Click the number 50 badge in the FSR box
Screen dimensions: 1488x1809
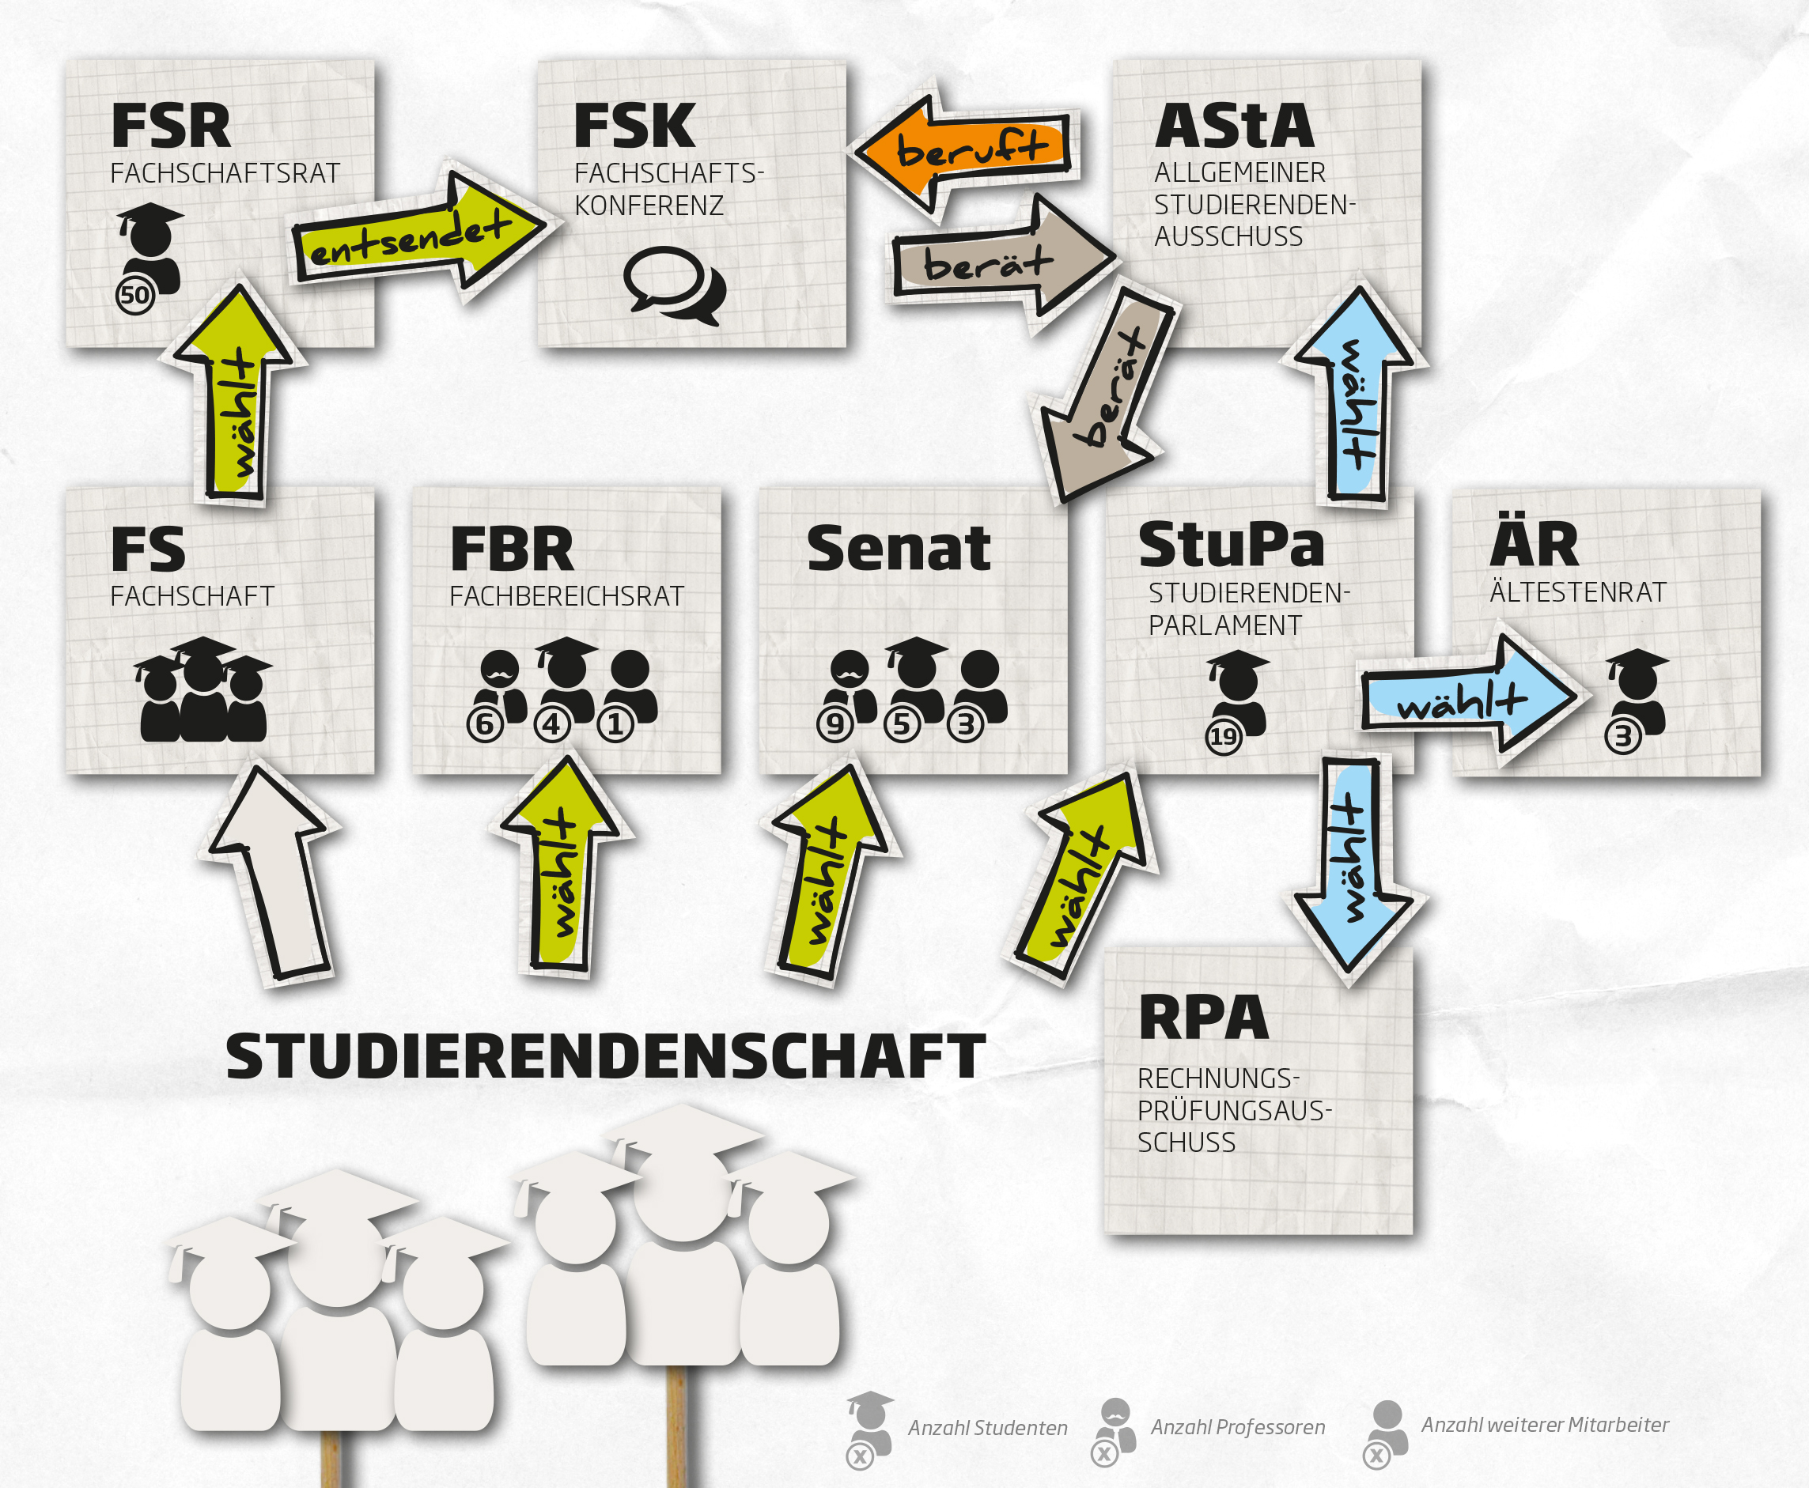[134, 296]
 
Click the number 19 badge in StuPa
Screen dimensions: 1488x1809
[1224, 736]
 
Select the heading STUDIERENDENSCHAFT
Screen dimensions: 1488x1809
[605, 1056]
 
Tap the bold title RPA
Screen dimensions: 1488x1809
[1203, 1018]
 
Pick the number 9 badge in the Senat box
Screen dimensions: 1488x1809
[835, 725]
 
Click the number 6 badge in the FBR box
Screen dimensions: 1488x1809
[484, 725]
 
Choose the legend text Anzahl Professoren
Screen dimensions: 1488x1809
[1237, 1427]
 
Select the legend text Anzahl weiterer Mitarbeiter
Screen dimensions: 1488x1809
[1545, 1425]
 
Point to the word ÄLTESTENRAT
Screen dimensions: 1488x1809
[1577, 592]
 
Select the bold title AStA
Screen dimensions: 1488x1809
[1234, 127]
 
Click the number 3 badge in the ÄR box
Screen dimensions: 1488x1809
[1623, 736]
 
